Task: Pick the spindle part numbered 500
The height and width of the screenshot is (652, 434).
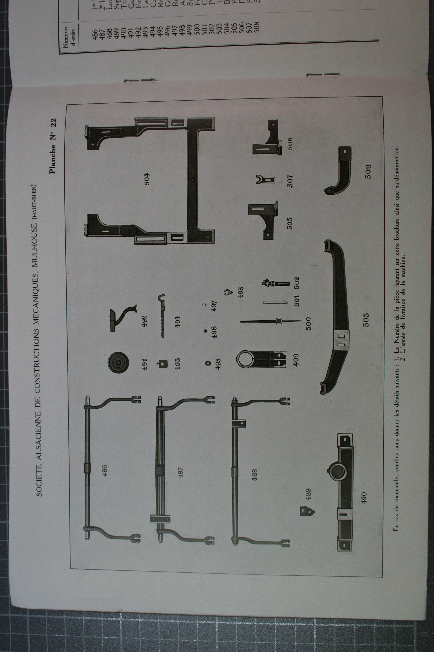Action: point(271,321)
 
